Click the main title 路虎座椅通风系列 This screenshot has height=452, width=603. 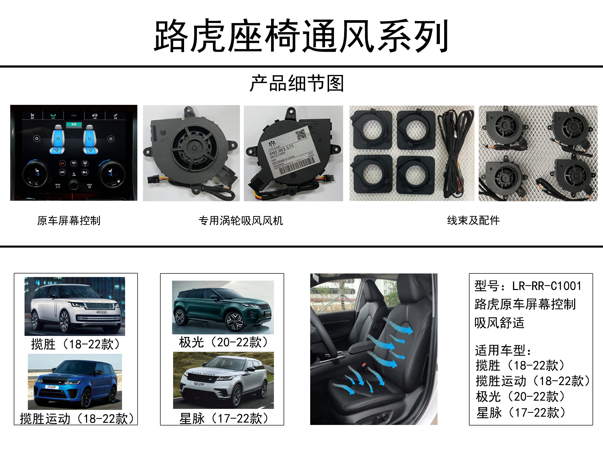301,36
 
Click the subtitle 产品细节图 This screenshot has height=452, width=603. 297,83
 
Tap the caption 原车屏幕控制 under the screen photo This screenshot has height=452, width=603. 69,221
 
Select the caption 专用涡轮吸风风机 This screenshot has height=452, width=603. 241,221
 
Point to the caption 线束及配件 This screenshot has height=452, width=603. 473,221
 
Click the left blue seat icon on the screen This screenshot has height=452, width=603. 58,139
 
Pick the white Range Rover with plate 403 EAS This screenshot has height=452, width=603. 75,307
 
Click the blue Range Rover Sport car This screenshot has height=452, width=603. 75,381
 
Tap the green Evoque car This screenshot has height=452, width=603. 223,307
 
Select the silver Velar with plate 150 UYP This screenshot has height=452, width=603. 223,380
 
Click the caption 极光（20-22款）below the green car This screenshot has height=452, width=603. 223,343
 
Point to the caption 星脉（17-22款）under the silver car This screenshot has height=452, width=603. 223,419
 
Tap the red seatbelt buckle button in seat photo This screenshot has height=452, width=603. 363,365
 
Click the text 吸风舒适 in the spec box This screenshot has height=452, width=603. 499,323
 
